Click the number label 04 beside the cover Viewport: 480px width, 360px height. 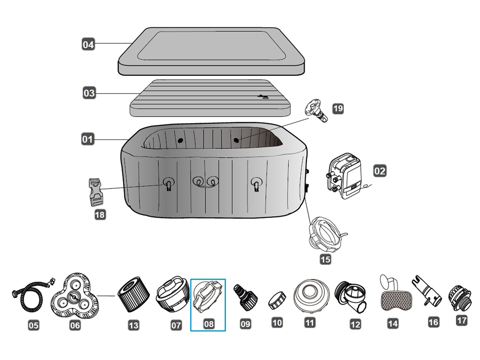88,44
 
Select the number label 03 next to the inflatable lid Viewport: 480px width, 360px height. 89,93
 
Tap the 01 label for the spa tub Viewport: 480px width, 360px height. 88,139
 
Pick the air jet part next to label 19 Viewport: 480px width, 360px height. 316,110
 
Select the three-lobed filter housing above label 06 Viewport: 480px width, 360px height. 75,295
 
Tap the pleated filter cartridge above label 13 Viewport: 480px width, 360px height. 133,294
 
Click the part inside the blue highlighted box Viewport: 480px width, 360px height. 208,298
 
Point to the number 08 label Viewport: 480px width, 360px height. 208,324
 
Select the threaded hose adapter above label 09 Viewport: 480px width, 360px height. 245,297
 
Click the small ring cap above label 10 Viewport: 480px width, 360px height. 277,300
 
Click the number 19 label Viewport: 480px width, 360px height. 338,108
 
